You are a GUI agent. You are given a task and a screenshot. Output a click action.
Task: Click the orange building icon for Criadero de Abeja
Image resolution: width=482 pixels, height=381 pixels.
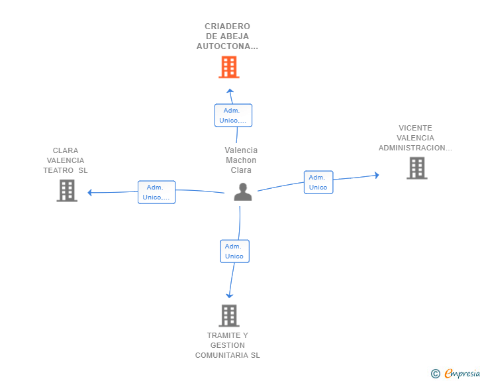(228, 67)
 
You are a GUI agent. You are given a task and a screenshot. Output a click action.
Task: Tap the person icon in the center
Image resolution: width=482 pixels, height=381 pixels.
(243, 192)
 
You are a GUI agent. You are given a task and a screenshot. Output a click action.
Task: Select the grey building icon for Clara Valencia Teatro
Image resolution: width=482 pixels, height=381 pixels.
(67, 190)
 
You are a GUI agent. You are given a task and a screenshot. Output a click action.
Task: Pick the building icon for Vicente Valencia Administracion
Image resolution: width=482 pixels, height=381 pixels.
(416, 168)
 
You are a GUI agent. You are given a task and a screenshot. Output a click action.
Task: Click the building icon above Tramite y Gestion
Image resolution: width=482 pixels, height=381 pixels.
(228, 315)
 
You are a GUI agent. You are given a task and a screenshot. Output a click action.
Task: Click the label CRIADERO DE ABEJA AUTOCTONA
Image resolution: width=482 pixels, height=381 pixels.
(227, 36)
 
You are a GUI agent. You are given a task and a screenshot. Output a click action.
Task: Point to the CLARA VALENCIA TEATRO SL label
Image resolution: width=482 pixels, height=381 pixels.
(66, 160)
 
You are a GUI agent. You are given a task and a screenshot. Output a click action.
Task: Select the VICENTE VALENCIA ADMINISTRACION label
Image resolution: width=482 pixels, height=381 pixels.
(415, 138)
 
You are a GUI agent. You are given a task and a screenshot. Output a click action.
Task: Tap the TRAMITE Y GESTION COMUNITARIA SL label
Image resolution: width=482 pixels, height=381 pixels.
(227, 345)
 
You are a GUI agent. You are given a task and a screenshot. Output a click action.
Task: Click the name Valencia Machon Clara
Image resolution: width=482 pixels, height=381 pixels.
(241, 160)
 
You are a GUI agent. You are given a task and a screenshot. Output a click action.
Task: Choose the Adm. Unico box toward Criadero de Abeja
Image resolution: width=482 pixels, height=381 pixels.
(233, 115)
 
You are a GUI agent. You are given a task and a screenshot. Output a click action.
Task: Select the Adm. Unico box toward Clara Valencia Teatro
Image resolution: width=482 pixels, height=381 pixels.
(156, 192)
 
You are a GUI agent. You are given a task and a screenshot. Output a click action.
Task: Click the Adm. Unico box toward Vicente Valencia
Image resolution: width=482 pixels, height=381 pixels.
(318, 182)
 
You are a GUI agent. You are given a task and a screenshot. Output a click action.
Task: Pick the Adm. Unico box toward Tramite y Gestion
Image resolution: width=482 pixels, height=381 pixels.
(234, 251)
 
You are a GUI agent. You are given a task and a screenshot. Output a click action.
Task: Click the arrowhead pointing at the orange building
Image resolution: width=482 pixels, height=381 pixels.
(230, 91)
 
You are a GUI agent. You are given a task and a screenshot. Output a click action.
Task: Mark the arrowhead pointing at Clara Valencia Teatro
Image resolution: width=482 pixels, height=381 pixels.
(90, 193)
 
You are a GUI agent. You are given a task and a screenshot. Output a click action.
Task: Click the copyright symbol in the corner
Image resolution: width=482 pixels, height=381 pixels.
(435, 374)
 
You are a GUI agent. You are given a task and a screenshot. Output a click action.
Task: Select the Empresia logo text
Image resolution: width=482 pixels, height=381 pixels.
(462, 373)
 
